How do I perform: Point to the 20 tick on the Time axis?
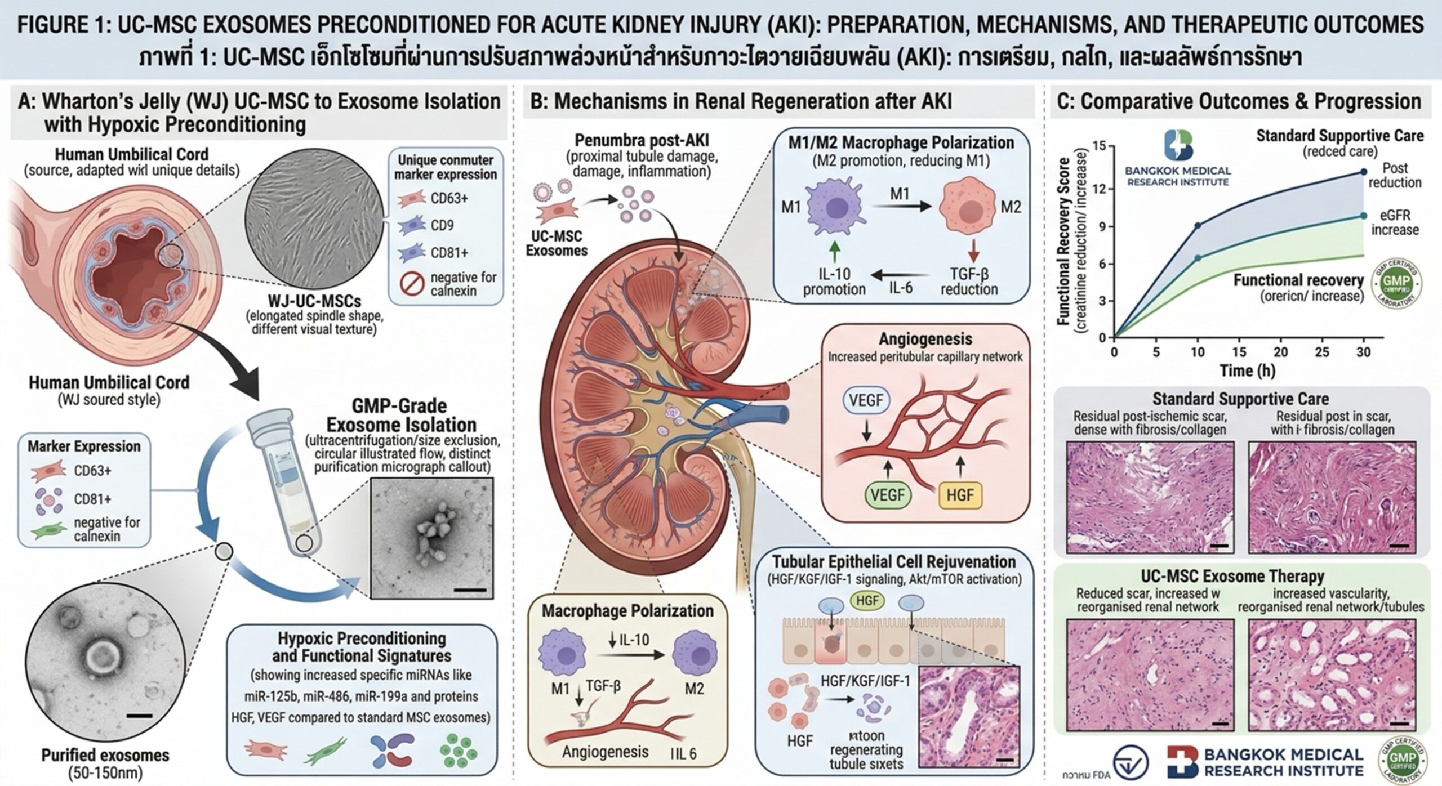click(x=1280, y=352)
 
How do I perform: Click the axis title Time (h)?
click(x=1247, y=371)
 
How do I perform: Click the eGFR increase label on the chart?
click(x=1395, y=222)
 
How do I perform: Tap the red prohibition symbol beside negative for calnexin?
click(x=412, y=284)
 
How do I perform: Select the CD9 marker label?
click(x=442, y=225)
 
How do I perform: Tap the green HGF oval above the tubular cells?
click(x=867, y=601)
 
